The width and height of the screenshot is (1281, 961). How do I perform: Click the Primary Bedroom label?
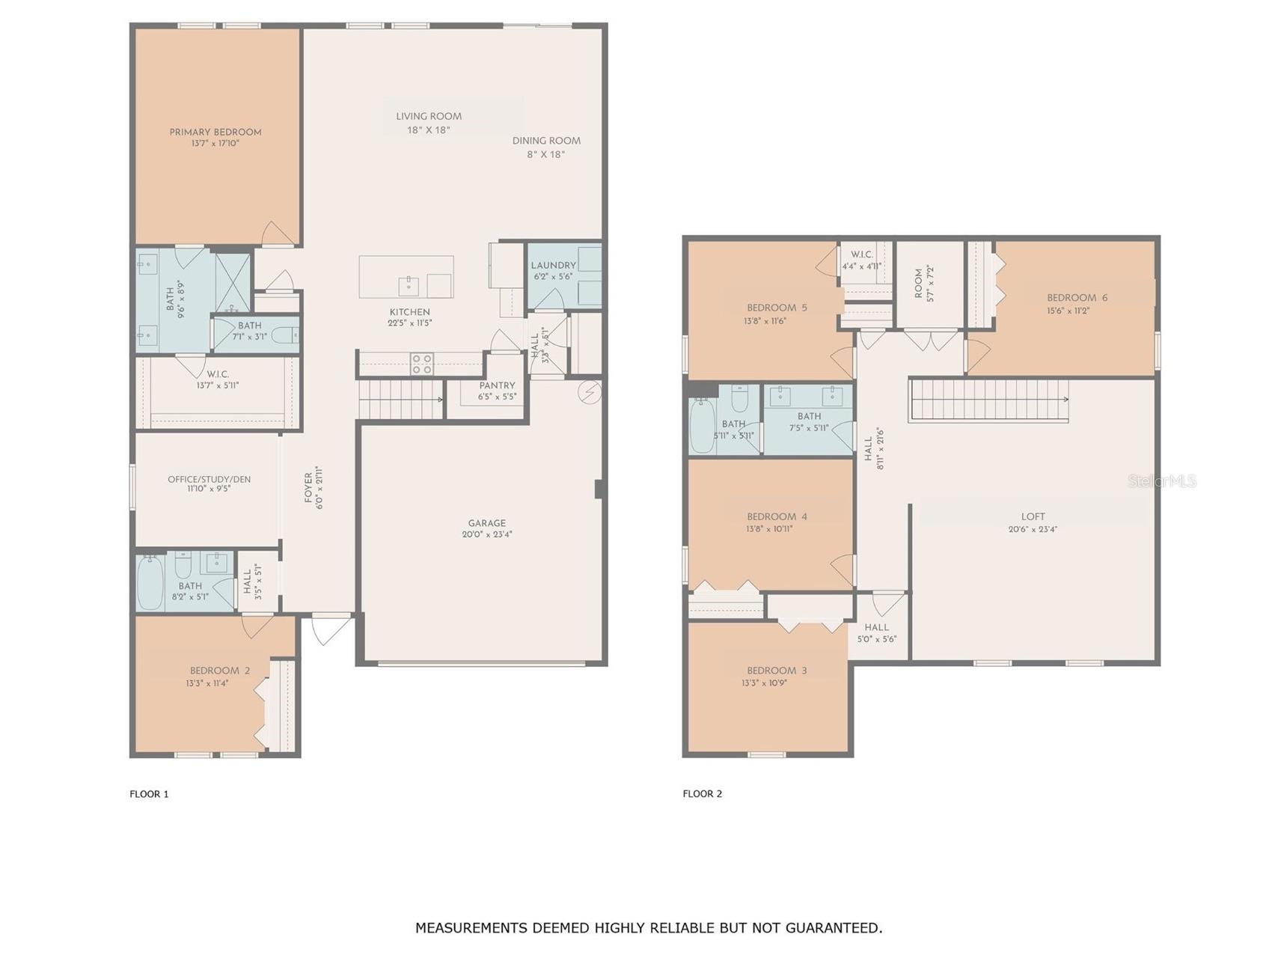[x=215, y=132]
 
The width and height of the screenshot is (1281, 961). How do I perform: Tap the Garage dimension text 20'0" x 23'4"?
[x=486, y=534]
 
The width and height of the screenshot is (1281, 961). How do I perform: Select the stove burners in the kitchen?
[x=422, y=364]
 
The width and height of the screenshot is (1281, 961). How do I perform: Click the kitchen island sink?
[x=409, y=284]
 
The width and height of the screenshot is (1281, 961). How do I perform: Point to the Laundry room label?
[x=553, y=265]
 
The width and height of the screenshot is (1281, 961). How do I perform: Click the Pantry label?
[x=497, y=385]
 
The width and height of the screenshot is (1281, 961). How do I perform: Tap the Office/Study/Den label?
[x=209, y=479]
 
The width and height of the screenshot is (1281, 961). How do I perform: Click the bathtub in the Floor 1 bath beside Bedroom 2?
[x=150, y=582]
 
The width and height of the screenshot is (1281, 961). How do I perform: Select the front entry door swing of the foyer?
[x=330, y=629]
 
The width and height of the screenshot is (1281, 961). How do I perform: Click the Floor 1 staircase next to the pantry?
[x=400, y=399]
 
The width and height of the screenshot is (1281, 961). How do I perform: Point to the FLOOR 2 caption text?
[x=702, y=793]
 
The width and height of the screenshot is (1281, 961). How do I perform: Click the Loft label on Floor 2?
[x=1033, y=516]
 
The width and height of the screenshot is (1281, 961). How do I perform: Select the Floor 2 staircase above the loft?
[x=988, y=400]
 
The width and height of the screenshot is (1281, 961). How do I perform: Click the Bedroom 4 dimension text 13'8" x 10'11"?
[x=769, y=528]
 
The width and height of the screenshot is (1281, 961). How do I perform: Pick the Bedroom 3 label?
[x=777, y=671]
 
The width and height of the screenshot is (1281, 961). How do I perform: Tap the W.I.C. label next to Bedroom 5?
[x=861, y=254]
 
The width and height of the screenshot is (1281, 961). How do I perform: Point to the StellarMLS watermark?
[x=1161, y=481]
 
